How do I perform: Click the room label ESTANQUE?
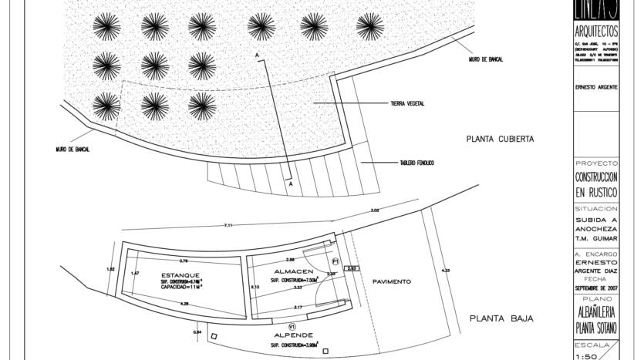coord(180,275)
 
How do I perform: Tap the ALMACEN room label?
coord(293,271)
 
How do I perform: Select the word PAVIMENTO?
coord(392,281)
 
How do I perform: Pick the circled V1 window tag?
coord(291,327)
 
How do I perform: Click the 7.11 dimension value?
coord(228,225)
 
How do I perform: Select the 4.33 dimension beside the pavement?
coord(445,271)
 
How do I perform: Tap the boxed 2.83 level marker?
coord(352,268)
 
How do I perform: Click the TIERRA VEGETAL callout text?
coord(407,103)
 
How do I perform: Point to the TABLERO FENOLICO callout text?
coord(416,163)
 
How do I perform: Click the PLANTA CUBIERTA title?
coord(500,140)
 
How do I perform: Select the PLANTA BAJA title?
coord(501,318)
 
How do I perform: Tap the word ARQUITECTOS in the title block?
coord(596,32)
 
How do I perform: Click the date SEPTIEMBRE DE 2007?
coord(596,288)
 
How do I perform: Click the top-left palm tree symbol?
coord(106,26)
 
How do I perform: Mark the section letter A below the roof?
coord(290,184)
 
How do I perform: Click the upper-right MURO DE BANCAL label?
coord(486,59)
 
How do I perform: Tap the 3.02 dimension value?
coord(375,210)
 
